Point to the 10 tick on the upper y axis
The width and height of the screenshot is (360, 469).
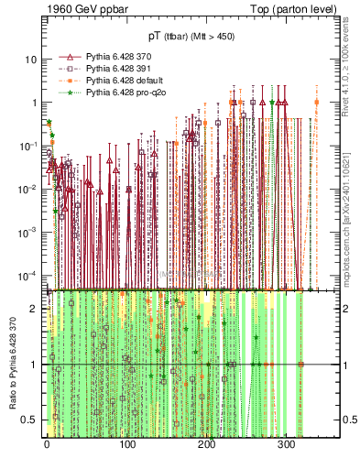(x=31, y=60)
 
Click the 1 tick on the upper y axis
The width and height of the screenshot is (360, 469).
(x=34, y=103)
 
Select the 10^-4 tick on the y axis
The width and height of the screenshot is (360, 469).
(x=27, y=276)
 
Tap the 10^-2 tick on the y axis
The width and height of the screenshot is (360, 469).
(x=27, y=190)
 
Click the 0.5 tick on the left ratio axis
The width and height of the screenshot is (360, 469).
(x=30, y=420)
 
